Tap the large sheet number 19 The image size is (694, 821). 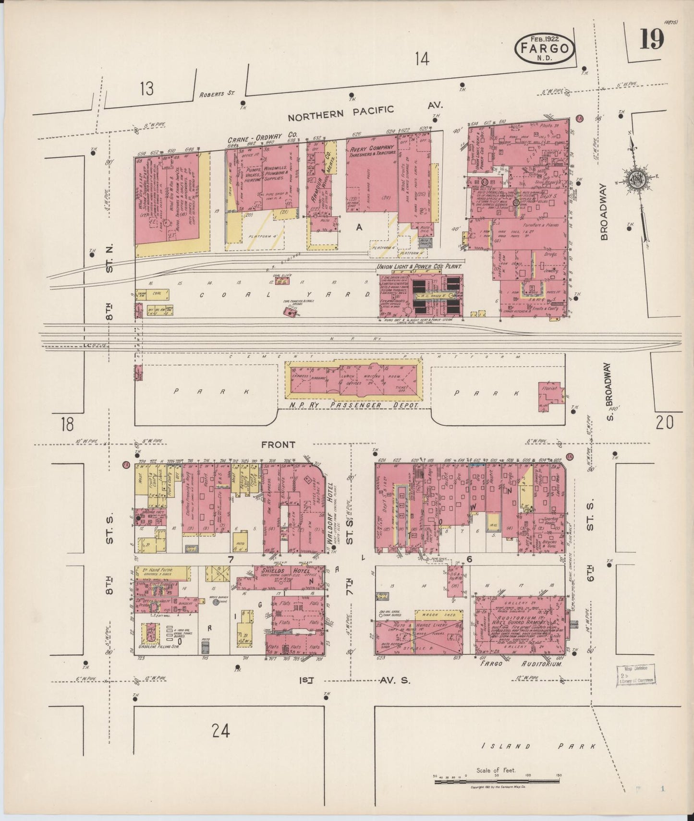click(651, 39)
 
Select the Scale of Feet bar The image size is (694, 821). click(497, 782)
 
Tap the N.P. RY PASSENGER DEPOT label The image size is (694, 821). click(354, 405)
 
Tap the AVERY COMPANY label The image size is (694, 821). click(372, 148)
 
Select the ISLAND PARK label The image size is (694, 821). click(538, 746)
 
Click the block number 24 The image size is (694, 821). click(220, 731)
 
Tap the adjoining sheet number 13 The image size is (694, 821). click(147, 88)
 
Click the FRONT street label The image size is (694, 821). click(278, 445)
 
